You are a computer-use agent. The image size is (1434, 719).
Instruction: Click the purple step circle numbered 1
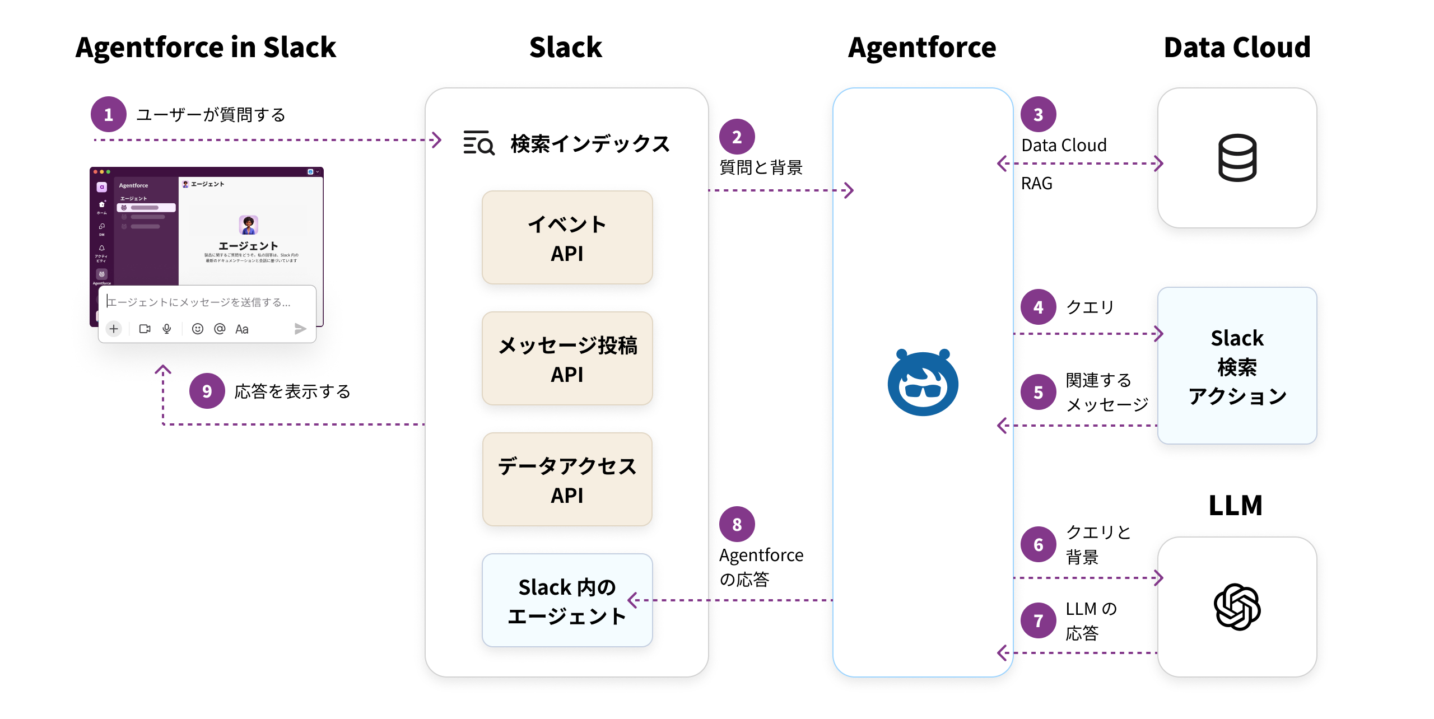point(109,114)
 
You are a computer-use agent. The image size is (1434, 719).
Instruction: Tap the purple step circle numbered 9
point(207,391)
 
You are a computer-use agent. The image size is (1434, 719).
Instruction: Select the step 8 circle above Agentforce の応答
point(737,524)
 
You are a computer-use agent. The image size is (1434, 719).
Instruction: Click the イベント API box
point(567,237)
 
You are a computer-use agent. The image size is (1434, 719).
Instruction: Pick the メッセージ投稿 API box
point(567,358)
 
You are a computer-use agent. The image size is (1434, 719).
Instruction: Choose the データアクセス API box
point(567,479)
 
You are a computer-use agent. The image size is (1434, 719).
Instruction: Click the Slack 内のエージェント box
point(567,600)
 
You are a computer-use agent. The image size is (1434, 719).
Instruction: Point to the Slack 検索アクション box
point(1237,366)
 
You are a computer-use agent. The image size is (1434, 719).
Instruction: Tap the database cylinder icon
point(1237,158)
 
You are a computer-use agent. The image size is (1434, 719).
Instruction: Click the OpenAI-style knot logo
point(1237,607)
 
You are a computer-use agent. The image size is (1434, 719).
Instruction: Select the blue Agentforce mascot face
point(923,383)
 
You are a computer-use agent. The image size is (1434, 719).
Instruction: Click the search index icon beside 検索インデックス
point(478,143)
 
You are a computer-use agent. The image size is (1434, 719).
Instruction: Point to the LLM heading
point(1235,505)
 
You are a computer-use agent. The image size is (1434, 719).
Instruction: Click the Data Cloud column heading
point(1237,47)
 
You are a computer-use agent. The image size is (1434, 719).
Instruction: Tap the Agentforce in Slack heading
point(206,47)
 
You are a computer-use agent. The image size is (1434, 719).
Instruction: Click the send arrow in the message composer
point(300,329)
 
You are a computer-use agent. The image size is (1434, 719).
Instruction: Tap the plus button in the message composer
point(114,329)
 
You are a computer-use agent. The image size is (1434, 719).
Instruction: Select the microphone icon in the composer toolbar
point(167,329)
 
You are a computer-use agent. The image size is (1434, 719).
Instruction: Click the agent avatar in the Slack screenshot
point(248,225)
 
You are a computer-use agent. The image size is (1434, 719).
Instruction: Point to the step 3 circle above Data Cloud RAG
point(1038,114)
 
